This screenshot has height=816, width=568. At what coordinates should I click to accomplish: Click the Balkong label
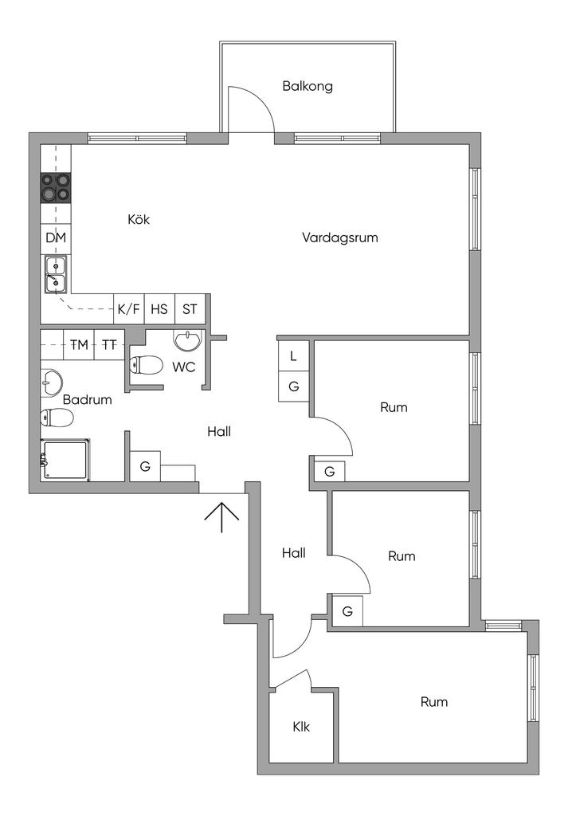click(x=308, y=86)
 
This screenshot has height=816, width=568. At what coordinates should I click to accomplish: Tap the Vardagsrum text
click(x=339, y=237)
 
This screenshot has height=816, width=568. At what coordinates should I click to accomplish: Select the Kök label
click(x=139, y=219)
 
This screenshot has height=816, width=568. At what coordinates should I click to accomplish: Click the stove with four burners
click(x=56, y=187)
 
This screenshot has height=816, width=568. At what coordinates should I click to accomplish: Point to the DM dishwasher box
click(x=56, y=237)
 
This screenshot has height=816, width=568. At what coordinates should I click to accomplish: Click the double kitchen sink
click(x=55, y=274)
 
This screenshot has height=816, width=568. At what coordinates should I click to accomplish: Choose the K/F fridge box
click(x=129, y=309)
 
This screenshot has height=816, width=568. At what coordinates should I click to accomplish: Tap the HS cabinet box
click(x=159, y=309)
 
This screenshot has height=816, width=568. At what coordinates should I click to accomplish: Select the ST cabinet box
click(x=190, y=309)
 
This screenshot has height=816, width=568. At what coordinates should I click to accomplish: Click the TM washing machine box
click(x=79, y=344)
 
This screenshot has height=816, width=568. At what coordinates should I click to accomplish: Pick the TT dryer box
click(x=109, y=344)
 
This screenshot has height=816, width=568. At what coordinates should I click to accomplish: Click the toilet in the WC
click(x=146, y=365)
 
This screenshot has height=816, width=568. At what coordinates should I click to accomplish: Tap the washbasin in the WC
click(x=187, y=341)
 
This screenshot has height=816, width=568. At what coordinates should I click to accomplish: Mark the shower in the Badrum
click(x=65, y=460)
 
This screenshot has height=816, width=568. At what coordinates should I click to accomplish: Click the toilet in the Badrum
click(x=57, y=418)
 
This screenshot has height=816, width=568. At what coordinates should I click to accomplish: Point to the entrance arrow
click(x=221, y=517)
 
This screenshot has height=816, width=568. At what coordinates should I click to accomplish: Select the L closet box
click(x=294, y=356)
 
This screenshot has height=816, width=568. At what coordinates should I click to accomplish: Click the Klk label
click(x=301, y=727)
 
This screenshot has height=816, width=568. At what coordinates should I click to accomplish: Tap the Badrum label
click(x=88, y=400)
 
